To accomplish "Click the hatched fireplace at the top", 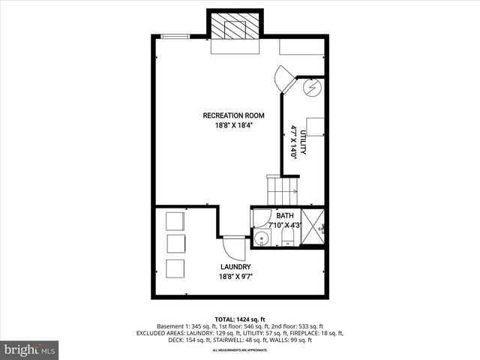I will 235,29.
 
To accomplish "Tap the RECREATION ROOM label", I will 234,115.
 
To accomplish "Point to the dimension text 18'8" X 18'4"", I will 234,126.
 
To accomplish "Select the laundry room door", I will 232,247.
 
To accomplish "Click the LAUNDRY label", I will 235,267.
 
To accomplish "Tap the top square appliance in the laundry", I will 174,221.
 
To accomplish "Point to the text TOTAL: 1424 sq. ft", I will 239,319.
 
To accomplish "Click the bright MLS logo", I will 30,349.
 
